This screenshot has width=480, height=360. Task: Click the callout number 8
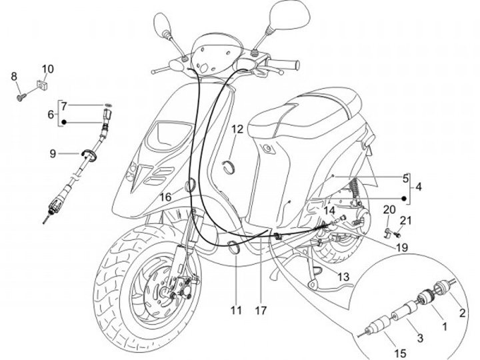point(14,77)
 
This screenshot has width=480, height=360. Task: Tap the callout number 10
point(49,69)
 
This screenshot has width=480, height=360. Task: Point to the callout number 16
point(165,197)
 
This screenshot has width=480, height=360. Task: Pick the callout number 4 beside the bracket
point(418,188)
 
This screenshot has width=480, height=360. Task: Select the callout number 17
point(260,310)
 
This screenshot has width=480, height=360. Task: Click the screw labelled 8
point(21,97)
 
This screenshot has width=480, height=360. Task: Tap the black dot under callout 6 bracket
point(65,122)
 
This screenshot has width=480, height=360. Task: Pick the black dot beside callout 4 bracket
point(404,198)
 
